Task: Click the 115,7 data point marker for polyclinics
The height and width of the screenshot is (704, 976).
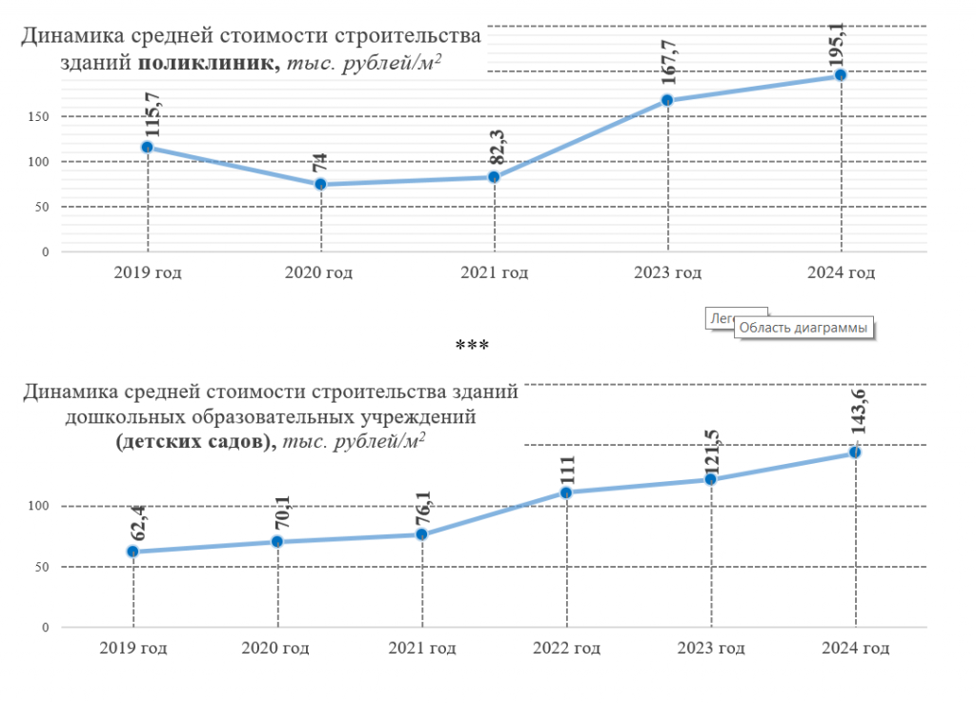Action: click(148, 148)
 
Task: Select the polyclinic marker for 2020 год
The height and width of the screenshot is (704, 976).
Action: click(320, 184)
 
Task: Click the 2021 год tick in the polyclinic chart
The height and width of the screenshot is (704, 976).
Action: click(494, 273)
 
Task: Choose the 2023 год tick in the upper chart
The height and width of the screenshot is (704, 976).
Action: click(667, 273)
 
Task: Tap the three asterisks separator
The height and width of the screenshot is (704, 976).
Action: click(472, 345)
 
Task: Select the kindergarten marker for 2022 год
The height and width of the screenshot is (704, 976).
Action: click(566, 493)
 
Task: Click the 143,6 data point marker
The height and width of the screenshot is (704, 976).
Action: click(855, 452)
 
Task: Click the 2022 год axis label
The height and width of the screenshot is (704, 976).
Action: click(566, 649)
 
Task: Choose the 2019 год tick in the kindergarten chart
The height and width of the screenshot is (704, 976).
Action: click(133, 649)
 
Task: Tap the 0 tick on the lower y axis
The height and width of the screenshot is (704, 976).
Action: click(43, 628)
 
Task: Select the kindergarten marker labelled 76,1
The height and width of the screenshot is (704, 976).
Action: click(421, 534)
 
